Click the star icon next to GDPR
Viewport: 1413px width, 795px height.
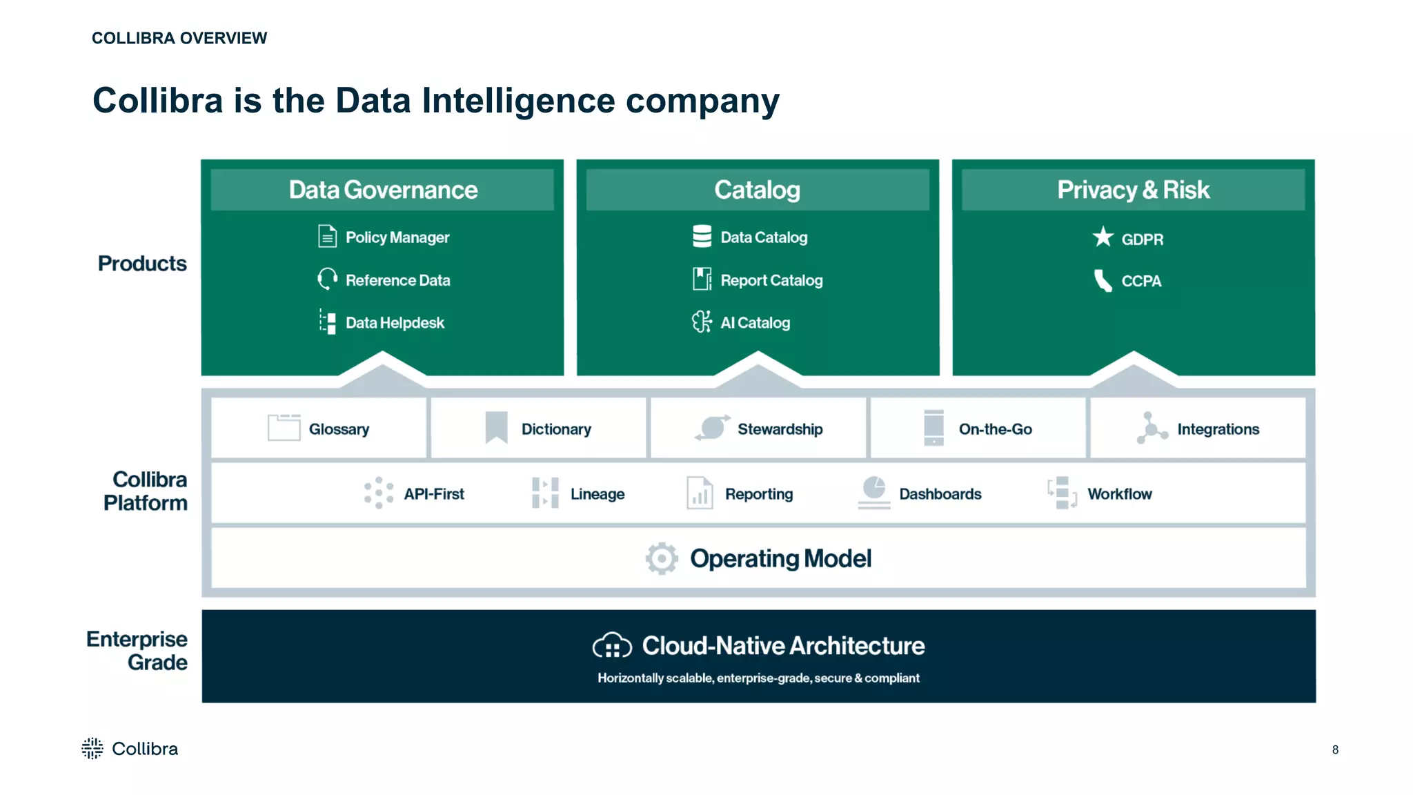(x=1103, y=237)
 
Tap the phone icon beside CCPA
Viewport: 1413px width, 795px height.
(x=1103, y=281)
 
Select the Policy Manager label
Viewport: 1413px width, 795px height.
(x=397, y=237)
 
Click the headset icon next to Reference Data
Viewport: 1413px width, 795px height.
(x=327, y=279)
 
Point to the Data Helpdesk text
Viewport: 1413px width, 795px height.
(x=395, y=323)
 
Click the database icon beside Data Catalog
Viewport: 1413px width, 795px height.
(x=702, y=237)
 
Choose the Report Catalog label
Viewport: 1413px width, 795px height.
(x=771, y=280)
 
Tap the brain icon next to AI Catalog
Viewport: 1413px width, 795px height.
(x=702, y=322)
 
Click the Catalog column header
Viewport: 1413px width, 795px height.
(x=757, y=190)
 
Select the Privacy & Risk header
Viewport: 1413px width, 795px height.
(x=1133, y=190)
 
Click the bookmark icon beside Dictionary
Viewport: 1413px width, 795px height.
(x=496, y=428)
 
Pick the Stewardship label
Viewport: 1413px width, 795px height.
(x=780, y=429)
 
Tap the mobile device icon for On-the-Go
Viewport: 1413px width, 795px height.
(x=933, y=428)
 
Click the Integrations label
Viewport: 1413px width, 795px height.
(x=1218, y=429)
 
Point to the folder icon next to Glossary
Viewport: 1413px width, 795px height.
(x=284, y=428)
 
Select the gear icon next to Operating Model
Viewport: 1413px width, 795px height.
(x=662, y=558)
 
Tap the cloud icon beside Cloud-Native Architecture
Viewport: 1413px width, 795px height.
(x=612, y=646)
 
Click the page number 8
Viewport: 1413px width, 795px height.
(x=1335, y=749)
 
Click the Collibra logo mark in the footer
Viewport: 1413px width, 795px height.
(x=92, y=749)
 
